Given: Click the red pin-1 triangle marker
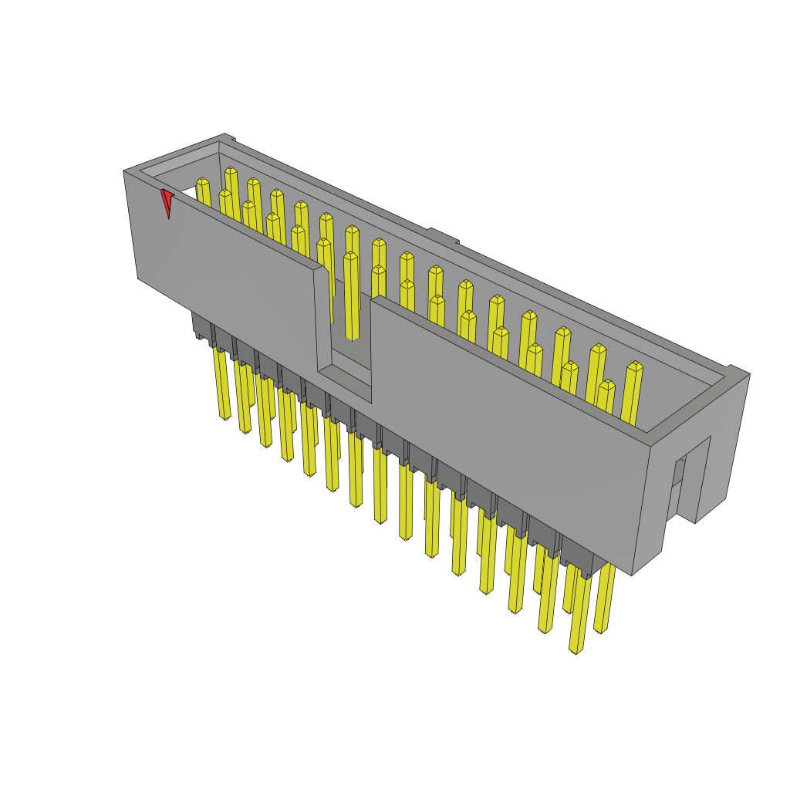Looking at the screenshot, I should click(167, 201).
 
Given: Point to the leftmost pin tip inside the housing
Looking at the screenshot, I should click(203, 184).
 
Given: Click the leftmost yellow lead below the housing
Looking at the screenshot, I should click(224, 386).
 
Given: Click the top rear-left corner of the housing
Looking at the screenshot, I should click(225, 136).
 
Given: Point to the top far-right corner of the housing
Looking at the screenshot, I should click(748, 373).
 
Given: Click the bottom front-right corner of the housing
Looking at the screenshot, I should click(632, 574).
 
